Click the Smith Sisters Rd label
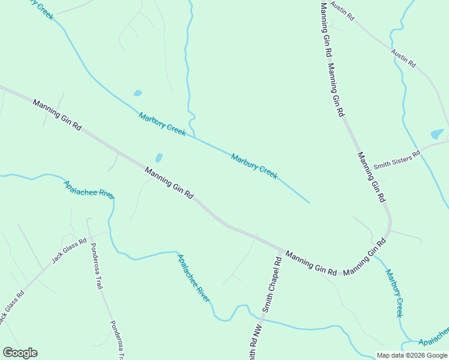click(397, 160)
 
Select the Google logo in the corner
click(20, 352)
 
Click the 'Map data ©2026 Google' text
click(412, 355)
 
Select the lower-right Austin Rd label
click(403, 58)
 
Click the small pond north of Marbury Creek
click(137, 94)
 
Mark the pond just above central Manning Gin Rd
click(158, 158)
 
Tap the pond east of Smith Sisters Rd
click(437, 134)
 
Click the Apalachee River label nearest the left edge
click(89, 190)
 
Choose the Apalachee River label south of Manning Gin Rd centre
click(193, 278)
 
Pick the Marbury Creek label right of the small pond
click(162, 124)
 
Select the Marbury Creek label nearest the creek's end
click(254, 166)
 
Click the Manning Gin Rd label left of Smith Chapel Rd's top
click(311, 263)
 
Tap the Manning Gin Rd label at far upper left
click(57, 115)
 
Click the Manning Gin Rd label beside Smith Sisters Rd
click(372, 177)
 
